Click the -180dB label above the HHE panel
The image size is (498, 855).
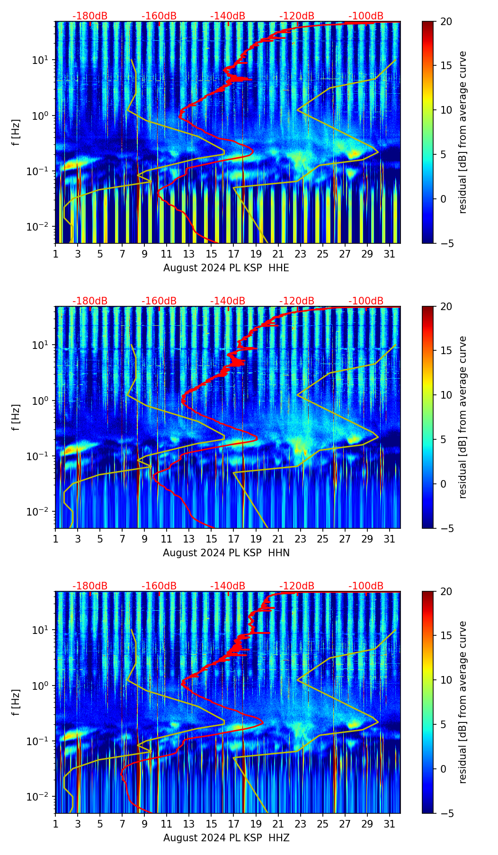coord(90,16)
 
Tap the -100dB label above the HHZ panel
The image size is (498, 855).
coord(366,586)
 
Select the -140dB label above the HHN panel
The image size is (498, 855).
coord(228,301)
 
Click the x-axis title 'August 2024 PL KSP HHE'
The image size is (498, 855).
coord(226,268)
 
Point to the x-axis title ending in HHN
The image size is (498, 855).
coord(226,553)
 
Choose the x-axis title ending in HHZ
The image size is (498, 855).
coord(226,838)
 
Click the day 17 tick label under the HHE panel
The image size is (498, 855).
coord(234,254)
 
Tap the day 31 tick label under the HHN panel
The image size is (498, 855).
coord(390,539)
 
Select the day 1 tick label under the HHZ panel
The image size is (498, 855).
coord(56,824)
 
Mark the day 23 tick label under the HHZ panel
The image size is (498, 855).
coord(301,824)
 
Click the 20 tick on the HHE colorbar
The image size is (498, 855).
coord(446,21)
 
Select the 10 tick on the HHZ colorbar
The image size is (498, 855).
coord(446,680)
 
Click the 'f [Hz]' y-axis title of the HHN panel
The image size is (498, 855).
coord(16,417)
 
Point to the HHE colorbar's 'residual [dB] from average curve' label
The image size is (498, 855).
coord(462,132)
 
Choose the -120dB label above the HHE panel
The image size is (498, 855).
coord(297,16)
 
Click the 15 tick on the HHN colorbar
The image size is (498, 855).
coord(446,351)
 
